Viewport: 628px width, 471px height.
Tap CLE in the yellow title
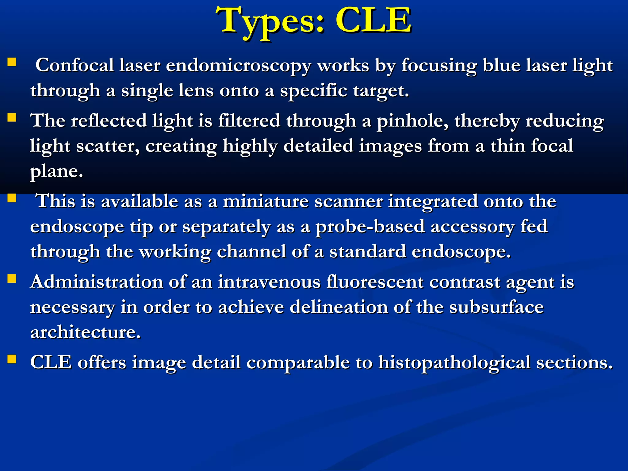373,21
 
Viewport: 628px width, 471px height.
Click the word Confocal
75,65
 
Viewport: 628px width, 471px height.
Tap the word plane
56,171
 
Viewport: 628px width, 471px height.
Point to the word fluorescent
375,281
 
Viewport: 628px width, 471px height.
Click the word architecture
85,332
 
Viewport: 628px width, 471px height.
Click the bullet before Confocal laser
12,63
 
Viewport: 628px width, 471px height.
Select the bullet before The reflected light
12,118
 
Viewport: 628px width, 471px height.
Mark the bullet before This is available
12,198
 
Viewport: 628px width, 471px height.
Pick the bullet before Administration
12,279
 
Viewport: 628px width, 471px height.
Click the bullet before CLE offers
12,359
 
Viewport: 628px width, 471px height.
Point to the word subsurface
496,307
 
